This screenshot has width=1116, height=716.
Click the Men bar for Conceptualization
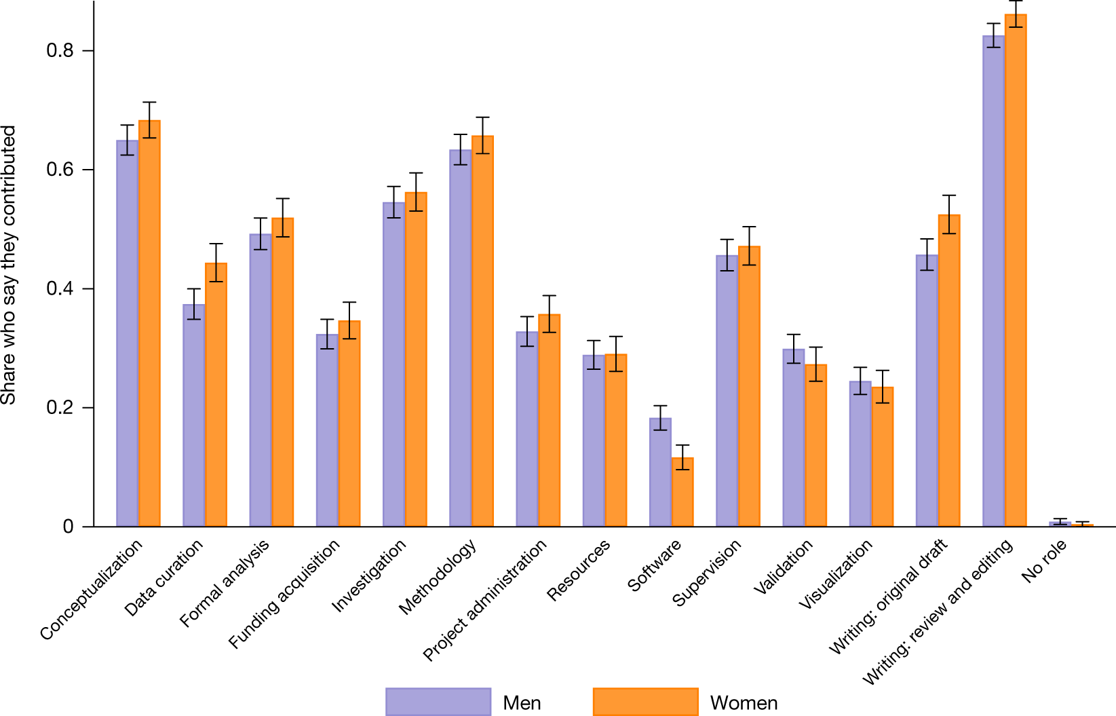127,333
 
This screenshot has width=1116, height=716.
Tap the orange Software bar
682,492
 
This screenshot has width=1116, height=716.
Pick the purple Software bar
660,472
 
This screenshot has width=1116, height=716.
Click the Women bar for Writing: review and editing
1016,271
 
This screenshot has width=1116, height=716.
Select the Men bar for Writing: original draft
927,390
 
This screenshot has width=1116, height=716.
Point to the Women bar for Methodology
482,333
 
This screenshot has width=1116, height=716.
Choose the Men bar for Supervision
727,390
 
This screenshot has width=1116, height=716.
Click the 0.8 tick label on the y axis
60,51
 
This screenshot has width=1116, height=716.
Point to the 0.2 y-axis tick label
60,408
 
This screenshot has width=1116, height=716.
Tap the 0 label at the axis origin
68,527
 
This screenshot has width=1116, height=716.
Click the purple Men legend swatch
438,702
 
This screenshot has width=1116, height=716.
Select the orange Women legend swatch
645,702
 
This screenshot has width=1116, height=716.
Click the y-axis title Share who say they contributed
9,265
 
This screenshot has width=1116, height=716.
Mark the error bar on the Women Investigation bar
416,192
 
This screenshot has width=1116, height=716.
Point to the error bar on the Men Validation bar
794,349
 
